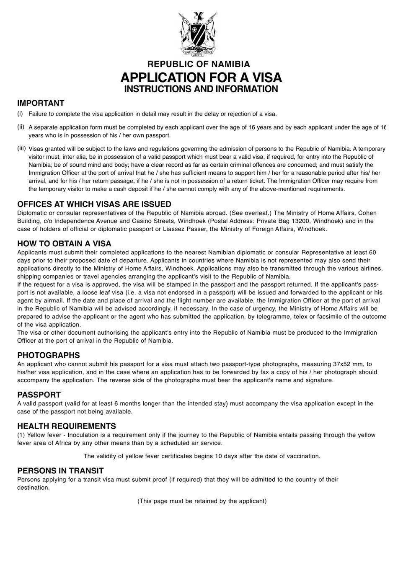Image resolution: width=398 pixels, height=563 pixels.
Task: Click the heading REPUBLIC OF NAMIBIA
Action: pyautogui.click(x=199, y=64)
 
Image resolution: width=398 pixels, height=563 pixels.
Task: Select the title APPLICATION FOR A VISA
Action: pyautogui.click(x=201, y=77)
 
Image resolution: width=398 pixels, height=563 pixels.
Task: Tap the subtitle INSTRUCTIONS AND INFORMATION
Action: pyautogui.click(x=201, y=89)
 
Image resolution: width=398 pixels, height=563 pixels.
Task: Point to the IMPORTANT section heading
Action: pyautogui.click(x=41, y=103)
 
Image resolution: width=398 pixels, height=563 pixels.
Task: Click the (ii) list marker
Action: pyautogui.click(x=21, y=127)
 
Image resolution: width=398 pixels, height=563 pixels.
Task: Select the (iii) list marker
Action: pyautogui.click(x=21, y=149)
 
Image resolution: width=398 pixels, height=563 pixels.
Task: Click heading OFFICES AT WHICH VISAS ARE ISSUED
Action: pyautogui.click(x=94, y=204)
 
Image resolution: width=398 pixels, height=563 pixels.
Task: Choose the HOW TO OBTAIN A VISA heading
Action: pyautogui.click(x=64, y=243)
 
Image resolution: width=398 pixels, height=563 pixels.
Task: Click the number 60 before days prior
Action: pyautogui.click(x=372, y=252)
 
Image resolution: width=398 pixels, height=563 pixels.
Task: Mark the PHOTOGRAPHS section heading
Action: pyautogui.click(x=49, y=355)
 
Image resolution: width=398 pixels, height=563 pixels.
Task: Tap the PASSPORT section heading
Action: pyautogui.click(x=39, y=395)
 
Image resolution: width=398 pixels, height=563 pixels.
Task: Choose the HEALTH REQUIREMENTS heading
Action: pyautogui.click(x=67, y=426)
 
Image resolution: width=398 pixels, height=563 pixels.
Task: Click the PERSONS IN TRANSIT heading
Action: pyautogui.click(x=60, y=470)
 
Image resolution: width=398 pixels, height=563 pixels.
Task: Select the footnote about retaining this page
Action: pyautogui.click(x=202, y=501)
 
